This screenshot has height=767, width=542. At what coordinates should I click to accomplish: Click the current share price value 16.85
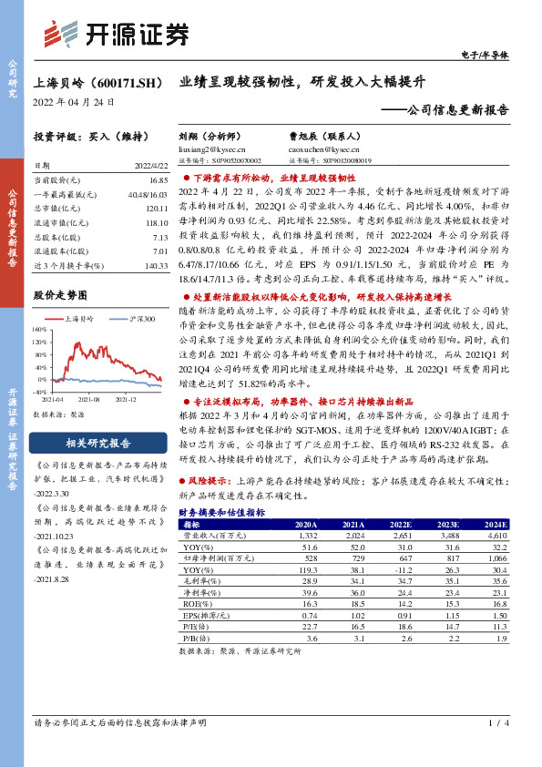[x=158, y=182]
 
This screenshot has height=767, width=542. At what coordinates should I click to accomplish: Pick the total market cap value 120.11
[x=156, y=208]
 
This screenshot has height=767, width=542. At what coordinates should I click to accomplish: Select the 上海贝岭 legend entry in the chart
[x=82, y=319]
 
